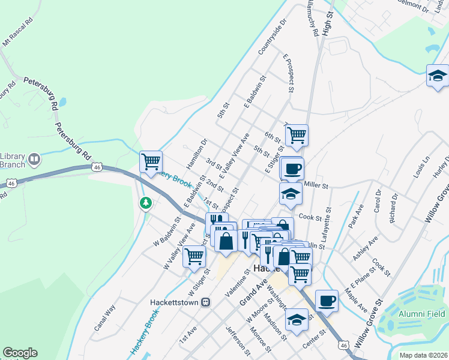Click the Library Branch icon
click(34, 159)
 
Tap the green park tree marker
click(145, 203)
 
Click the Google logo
click(20, 353)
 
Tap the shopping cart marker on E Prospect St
click(296, 136)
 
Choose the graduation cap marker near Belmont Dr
click(438, 76)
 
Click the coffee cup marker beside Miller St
click(292, 169)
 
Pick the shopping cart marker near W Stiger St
click(194, 256)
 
